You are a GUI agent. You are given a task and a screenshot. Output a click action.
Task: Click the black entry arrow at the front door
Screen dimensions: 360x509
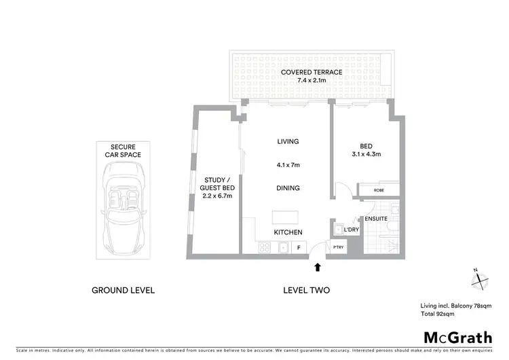316,268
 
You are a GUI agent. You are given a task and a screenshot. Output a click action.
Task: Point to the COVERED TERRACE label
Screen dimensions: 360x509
312,72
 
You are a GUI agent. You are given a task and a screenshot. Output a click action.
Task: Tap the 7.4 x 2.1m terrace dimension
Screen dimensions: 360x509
312,81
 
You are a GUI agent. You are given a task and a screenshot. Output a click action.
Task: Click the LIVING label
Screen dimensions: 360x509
288,141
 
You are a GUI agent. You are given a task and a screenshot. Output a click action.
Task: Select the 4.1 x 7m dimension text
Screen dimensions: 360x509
288,165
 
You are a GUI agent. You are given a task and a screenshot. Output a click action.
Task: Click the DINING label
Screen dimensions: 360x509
288,188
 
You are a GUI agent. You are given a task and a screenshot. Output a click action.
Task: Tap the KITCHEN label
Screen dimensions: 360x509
288,232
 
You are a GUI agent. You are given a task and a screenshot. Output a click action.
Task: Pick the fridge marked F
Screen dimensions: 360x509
299,248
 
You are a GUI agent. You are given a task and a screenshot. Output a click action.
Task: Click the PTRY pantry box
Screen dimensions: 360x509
338,248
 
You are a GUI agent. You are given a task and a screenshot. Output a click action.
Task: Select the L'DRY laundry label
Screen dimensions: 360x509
351,230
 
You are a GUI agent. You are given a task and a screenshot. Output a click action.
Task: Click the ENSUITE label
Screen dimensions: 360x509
375,219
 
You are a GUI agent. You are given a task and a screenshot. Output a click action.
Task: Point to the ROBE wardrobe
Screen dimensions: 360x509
379,191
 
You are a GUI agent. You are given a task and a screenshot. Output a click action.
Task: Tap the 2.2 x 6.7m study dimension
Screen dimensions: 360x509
219,196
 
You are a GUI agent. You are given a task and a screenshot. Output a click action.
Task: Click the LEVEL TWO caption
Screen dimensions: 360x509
306,290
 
